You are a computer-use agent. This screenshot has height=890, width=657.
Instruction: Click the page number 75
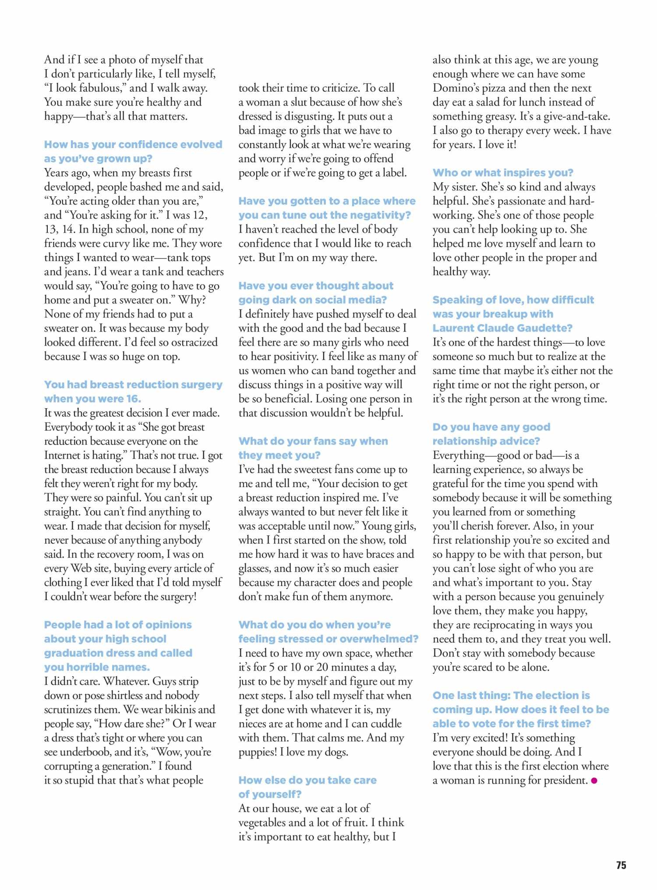pos(621,865)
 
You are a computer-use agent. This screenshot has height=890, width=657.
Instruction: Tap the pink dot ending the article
pos(594,780)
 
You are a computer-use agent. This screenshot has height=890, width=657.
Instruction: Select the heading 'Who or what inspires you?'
pos(502,173)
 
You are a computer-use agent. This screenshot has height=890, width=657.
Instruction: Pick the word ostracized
pos(194,342)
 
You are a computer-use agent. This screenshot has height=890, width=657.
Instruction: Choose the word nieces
pos(253,724)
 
